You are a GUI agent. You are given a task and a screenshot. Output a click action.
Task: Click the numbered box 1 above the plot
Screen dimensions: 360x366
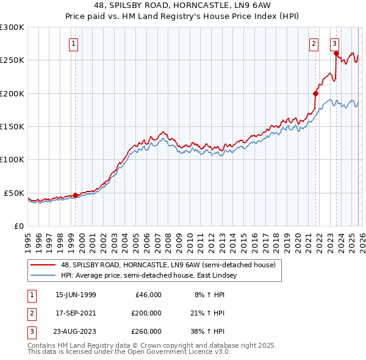[73, 43]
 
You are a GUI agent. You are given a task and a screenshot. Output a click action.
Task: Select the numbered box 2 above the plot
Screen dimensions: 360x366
[314, 43]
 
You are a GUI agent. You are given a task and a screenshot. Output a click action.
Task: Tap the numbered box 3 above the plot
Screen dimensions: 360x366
[335, 43]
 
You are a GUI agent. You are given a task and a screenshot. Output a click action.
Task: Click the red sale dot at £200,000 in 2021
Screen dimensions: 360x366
[316, 93]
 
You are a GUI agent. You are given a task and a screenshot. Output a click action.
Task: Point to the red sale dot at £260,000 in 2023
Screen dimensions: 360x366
[336, 54]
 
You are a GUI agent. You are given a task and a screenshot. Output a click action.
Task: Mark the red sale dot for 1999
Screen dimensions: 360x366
[76, 195]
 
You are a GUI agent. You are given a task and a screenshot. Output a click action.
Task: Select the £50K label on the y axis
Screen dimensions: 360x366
[14, 193]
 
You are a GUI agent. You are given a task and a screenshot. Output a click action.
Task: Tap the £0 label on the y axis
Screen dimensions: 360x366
[18, 226]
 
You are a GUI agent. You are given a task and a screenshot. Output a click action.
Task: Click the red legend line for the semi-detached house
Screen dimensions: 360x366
[43, 265]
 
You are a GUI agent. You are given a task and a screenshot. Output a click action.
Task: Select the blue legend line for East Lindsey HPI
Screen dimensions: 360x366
[43, 275]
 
